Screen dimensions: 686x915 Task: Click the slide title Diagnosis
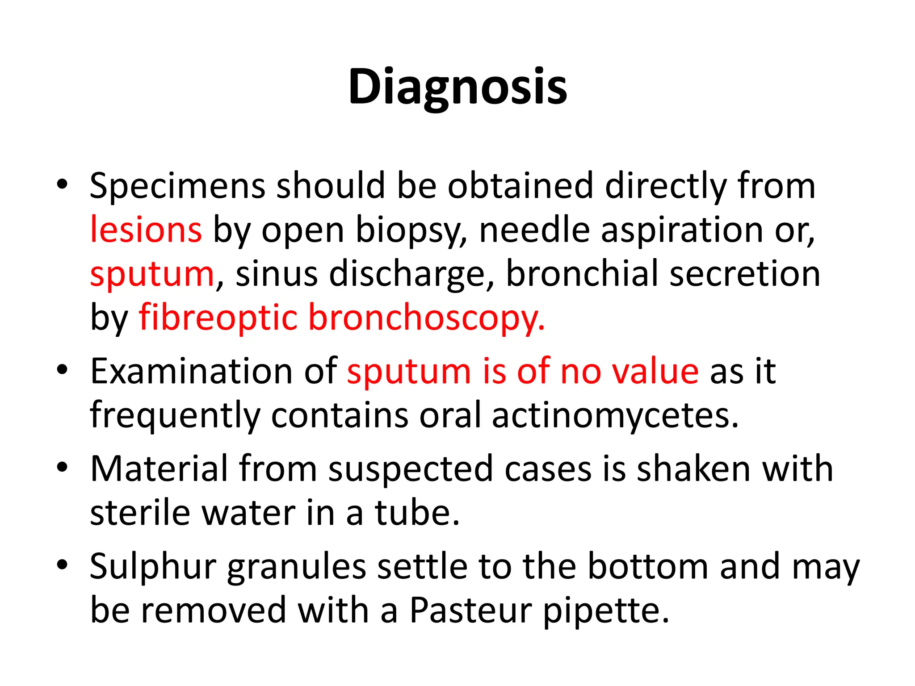click(x=457, y=87)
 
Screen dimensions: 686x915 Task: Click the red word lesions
click(x=146, y=230)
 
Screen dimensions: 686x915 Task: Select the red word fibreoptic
click(x=218, y=318)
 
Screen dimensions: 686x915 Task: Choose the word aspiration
click(x=682, y=230)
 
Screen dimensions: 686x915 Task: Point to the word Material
click(x=159, y=469)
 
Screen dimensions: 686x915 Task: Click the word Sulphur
click(x=153, y=567)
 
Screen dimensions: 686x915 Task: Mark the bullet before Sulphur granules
click(x=62, y=565)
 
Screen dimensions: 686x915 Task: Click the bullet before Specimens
click(x=62, y=184)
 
